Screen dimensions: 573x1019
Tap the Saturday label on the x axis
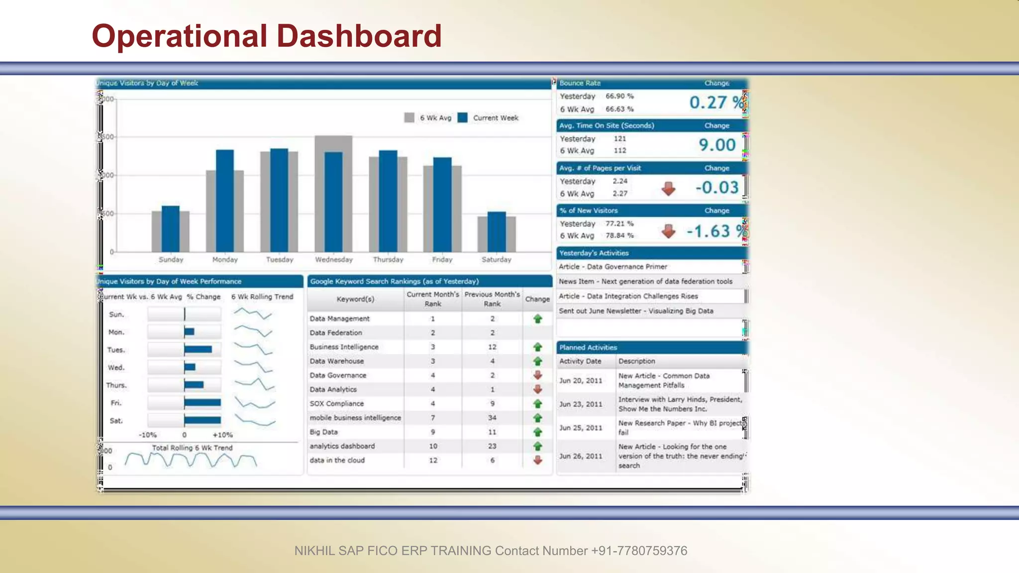click(x=496, y=260)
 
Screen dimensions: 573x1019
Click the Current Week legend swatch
click(x=463, y=118)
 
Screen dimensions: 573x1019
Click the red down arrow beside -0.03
click(x=668, y=189)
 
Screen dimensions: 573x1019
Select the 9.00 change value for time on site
click(x=717, y=145)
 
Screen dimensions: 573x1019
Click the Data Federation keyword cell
click(x=336, y=333)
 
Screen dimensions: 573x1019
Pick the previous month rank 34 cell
click(x=492, y=418)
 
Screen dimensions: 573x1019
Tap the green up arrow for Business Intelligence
click(x=537, y=347)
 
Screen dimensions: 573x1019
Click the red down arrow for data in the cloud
click(x=537, y=461)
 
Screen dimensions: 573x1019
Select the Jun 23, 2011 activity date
click(x=581, y=404)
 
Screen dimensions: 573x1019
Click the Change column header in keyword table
click(x=537, y=299)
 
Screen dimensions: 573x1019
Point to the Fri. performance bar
click(x=203, y=403)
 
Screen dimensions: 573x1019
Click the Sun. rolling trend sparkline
click(x=253, y=313)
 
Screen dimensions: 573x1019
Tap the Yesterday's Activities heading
click(x=594, y=253)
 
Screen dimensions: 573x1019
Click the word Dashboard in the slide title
click(x=359, y=36)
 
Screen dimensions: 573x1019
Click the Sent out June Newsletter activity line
click(x=636, y=311)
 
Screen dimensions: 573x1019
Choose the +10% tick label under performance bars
click(x=222, y=435)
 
